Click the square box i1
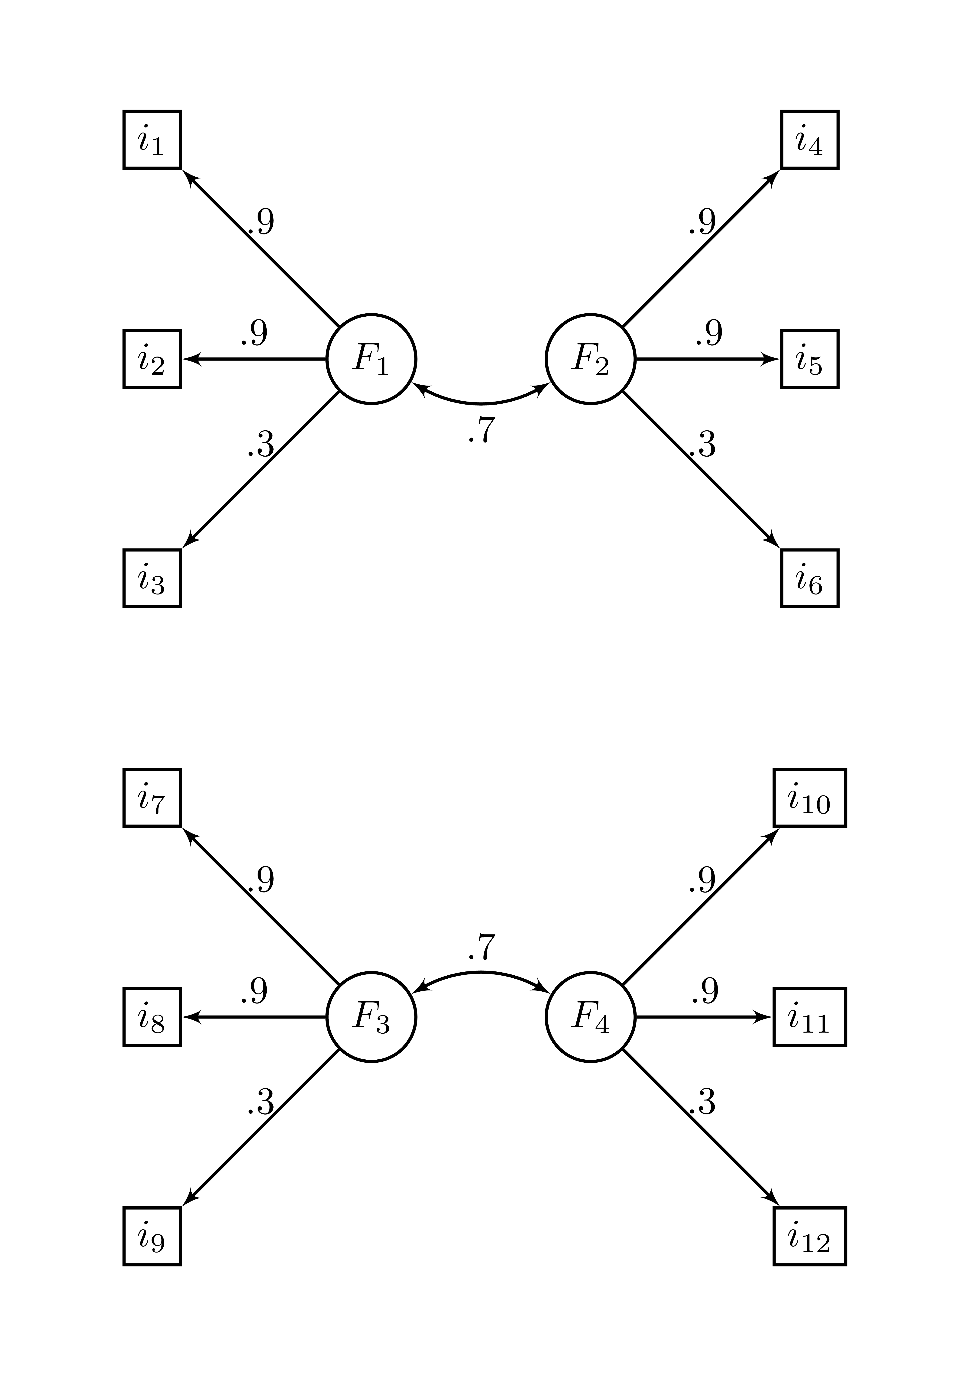point(152,140)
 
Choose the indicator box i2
point(152,359)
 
